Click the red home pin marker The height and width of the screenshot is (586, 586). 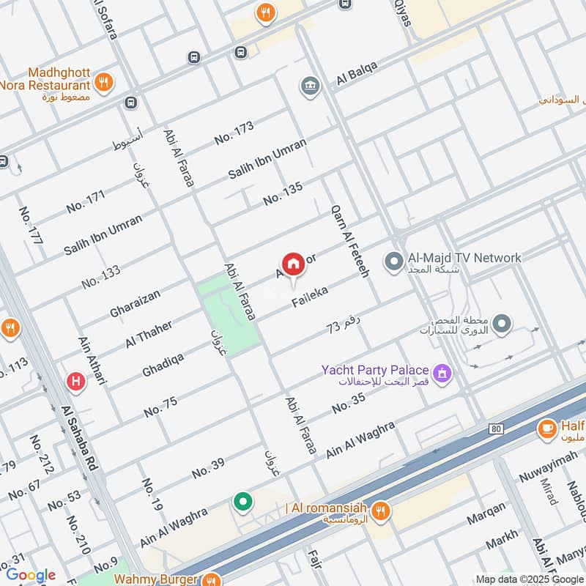(293, 264)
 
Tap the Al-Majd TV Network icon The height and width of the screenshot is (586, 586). (394, 260)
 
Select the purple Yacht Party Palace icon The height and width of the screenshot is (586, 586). (442, 374)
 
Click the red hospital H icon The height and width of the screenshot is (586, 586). (74, 381)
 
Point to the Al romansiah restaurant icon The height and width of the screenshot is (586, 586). (379, 511)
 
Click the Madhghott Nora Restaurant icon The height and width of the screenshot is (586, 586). (104, 82)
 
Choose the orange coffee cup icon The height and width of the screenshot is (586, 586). (546, 429)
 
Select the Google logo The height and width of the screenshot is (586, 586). (31, 575)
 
